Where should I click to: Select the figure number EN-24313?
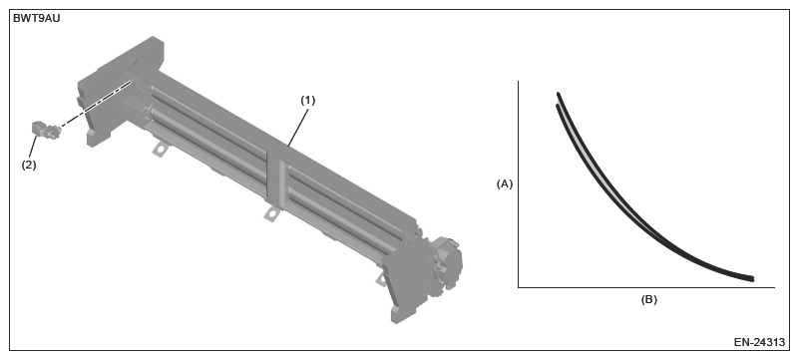pos(759,342)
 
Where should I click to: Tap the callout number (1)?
pos(307,101)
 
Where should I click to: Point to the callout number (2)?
pos(29,165)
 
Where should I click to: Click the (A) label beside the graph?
pos(505,184)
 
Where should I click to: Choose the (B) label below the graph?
pos(648,299)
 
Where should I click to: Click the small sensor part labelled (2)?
pos(46,130)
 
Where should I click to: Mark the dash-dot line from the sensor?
pos(97,105)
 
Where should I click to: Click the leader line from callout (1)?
pos(297,127)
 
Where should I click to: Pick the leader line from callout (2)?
pos(33,147)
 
